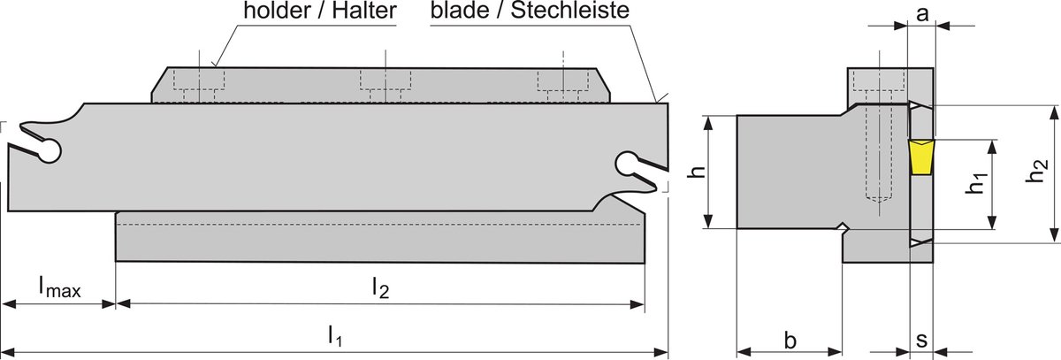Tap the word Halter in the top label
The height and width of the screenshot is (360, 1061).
click(x=363, y=11)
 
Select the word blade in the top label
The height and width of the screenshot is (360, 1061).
click(x=460, y=11)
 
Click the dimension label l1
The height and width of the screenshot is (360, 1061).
click(x=334, y=336)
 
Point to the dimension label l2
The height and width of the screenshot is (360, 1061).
click(x=380, y=287)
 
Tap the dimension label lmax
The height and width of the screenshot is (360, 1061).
click(x=60, y=287)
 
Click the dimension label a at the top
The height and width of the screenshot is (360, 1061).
click(x=921, y=14)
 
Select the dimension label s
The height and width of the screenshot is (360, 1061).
click(x=921, y=340)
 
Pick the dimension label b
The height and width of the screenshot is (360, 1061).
click(x=790, y=340)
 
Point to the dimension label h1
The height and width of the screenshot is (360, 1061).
click(x=976, y=184)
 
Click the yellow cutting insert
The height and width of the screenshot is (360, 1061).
click(x=920, y=157)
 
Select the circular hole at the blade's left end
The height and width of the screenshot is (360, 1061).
click(x=49, y=151)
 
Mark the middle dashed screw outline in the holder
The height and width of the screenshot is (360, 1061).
click(x=385, y=86)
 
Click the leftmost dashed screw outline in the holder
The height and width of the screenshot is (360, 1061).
click(x=200, y=86)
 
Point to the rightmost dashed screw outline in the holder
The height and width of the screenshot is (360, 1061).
click(x=563, y=86)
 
